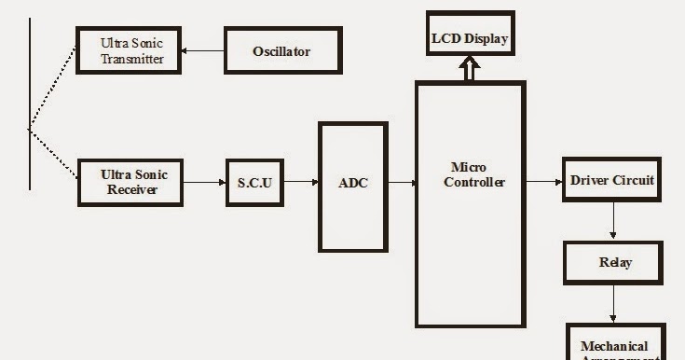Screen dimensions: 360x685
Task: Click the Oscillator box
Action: click(x=281, y=50)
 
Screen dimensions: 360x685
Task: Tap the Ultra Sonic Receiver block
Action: click(x=130, y=182)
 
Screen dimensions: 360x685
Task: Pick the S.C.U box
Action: click(x=254, y=182)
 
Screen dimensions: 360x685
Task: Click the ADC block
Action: click(x=352, y=183)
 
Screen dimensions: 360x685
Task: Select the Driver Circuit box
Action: click(x=612, y=180)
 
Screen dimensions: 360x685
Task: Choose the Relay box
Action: click(x=614, y=263)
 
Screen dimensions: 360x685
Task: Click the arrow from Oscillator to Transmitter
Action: click(x=203, y=51)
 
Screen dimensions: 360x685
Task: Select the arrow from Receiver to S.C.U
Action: click(x=204, y=182)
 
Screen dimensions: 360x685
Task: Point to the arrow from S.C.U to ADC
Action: click(x=300, y=182)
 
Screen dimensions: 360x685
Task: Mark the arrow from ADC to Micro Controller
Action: click(x=402, y=183)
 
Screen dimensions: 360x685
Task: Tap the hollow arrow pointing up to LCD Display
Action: click(x=470, y=69)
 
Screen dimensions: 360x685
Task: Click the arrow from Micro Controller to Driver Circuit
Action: click(x=543, y=182)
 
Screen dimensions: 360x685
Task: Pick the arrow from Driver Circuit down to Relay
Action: click(x=613, y=222)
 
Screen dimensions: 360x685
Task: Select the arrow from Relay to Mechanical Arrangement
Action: click(x=613, y=304)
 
